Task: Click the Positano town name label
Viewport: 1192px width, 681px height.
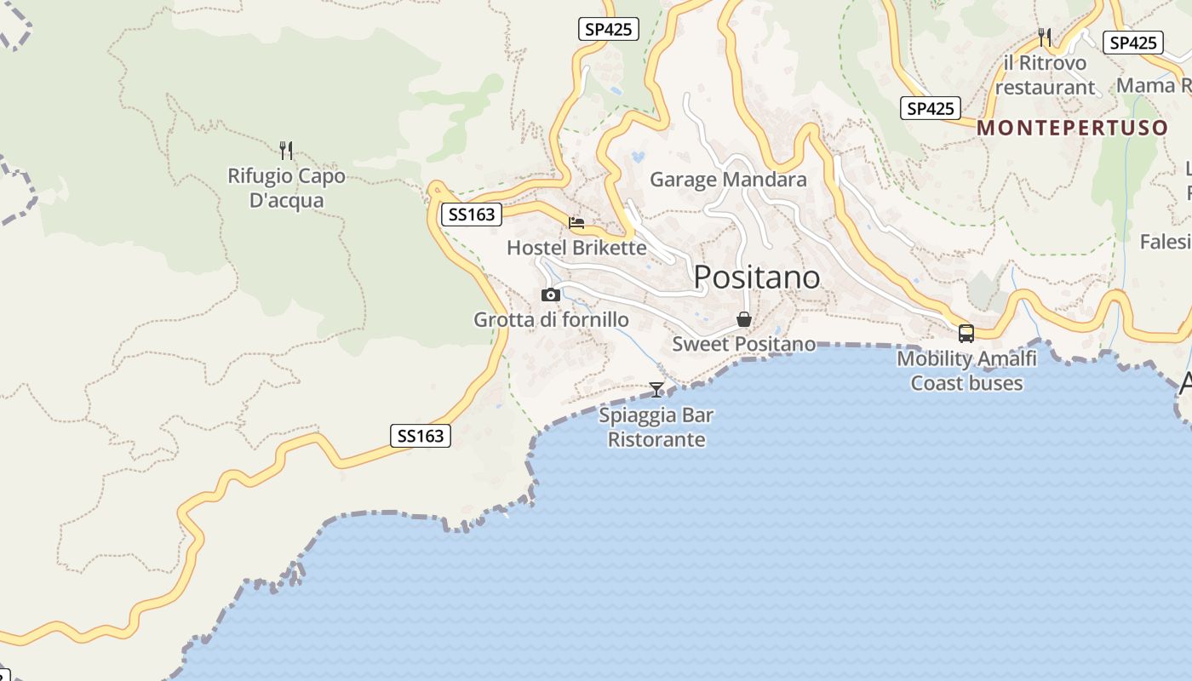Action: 757,278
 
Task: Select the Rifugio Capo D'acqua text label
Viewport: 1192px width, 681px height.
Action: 287,188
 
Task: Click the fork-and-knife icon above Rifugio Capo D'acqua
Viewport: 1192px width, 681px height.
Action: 286,151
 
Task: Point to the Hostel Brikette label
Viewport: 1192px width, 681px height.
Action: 576,248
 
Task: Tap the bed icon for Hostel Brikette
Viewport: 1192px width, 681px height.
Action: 576,223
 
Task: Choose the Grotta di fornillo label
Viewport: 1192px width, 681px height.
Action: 551,320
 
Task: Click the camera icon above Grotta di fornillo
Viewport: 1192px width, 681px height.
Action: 551,295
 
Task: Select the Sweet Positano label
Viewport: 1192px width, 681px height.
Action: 743,344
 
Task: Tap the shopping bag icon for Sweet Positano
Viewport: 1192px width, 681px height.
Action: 744,320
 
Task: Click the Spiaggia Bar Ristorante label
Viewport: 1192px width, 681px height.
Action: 656,427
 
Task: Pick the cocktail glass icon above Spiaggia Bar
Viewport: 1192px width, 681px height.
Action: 656,390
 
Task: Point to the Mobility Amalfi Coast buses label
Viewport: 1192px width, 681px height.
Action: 966,371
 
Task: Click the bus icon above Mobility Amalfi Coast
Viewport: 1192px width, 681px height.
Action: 966,333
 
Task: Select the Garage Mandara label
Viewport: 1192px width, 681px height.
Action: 728,180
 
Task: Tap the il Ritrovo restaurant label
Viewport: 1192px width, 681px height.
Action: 1045,75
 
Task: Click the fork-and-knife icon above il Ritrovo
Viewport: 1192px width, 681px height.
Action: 1045,37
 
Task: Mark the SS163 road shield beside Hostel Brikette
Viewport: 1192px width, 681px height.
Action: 471,215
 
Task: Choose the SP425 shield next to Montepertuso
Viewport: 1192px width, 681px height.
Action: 930,108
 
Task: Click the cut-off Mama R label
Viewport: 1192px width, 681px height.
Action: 1153,85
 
